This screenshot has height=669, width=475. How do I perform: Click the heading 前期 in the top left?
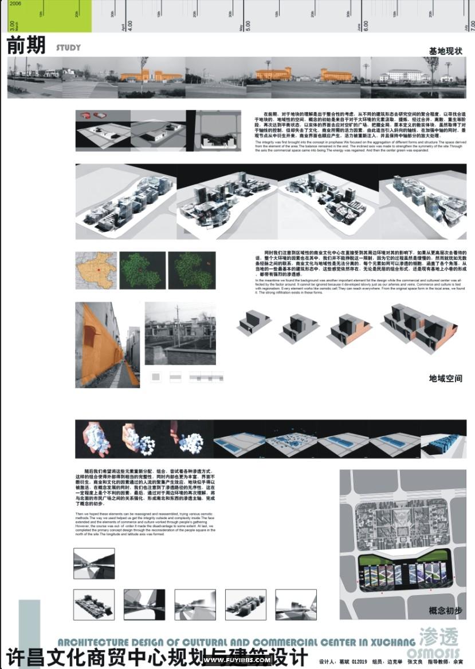point(26,47)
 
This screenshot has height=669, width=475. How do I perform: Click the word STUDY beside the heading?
point(68,48)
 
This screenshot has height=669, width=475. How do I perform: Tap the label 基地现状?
point(445,52)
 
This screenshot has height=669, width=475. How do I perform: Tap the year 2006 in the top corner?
point(15,3)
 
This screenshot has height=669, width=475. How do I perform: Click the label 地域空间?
point(445,378)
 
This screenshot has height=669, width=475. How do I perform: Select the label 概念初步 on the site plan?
point(445,611)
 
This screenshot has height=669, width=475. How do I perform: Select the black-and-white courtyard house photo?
point(179,334)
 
